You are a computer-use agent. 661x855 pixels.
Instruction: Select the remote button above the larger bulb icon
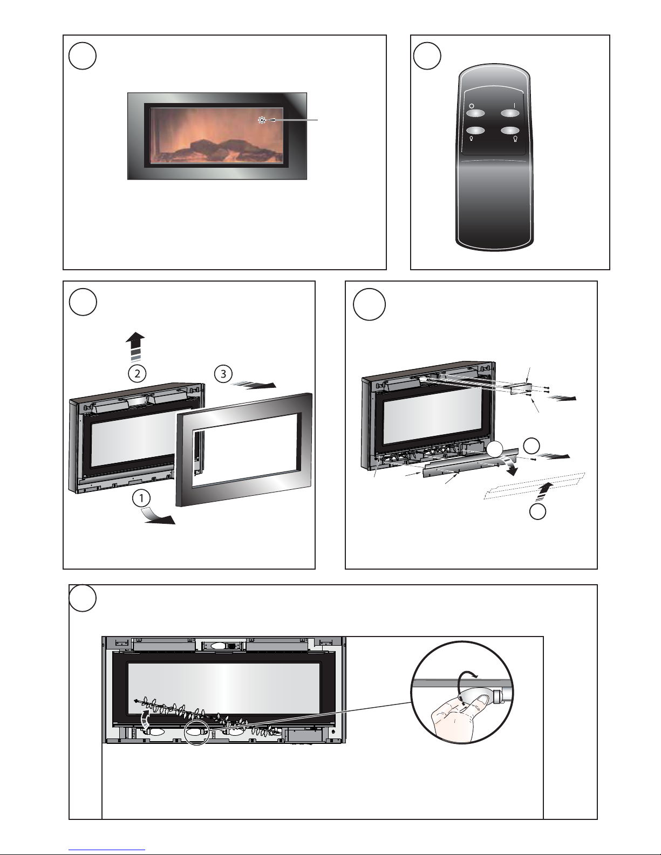coord(509,130)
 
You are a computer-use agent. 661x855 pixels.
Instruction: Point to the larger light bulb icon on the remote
coord(515,140)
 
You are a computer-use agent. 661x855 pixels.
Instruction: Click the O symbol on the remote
coord(471,106)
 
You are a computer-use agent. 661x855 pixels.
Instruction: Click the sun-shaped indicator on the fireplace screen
coord(263,121)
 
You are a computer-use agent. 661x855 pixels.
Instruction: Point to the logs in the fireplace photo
coord(216,148)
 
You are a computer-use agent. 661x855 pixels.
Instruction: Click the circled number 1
coord(141,498)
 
